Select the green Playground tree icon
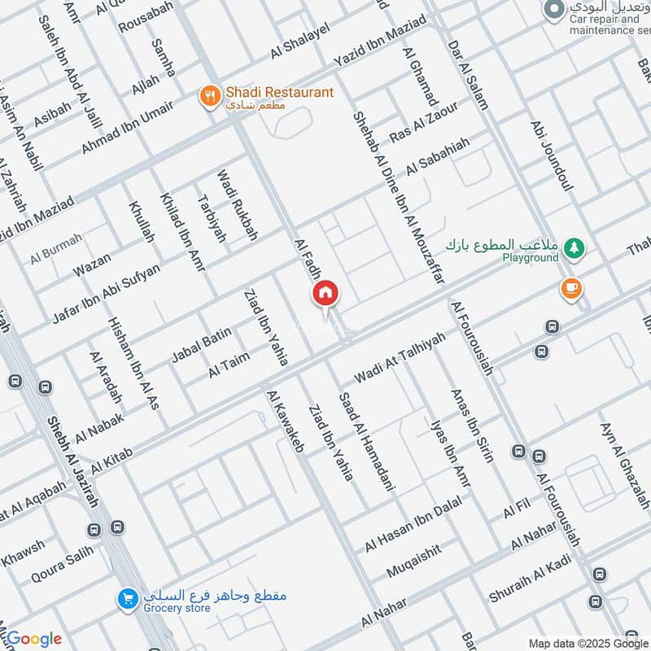(x=575, y=247)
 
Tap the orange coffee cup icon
(x=570, y=287)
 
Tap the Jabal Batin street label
(x=201, y=345)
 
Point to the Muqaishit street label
(x=414, y=561)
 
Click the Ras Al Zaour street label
(x=423, y=123)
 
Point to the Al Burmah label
(x=57, y=250)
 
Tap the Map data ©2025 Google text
(x=588, y=642)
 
